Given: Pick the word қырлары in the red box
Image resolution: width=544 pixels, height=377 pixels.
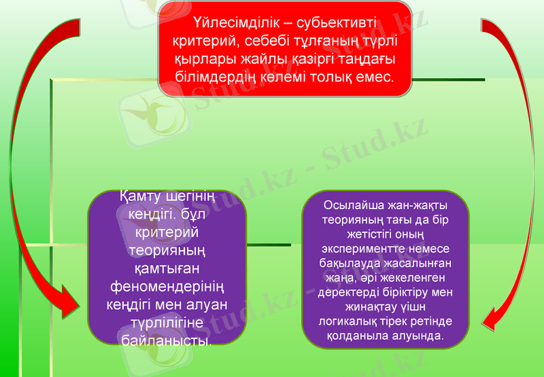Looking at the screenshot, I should point(203,59).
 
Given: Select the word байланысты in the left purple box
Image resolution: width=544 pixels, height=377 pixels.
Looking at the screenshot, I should point(166,338).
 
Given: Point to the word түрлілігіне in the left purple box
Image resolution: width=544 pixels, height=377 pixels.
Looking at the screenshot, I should point(167,321).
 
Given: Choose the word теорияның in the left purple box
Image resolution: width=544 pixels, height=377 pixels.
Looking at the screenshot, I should point(167,250).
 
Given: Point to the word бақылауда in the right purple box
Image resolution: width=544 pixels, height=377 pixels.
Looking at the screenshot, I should point(349,262).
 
